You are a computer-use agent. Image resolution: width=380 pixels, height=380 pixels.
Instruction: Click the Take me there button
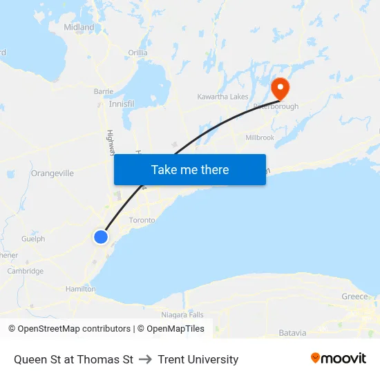tap(190, 169)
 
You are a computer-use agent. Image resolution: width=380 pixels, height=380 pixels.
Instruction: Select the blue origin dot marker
tap(101, 237)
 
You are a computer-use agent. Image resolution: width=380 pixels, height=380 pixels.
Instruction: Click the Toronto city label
tap(142, 220)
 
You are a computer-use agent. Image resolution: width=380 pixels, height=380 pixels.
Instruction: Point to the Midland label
tap(79, 27)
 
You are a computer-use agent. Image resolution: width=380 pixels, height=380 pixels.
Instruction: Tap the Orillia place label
tap(138, 53)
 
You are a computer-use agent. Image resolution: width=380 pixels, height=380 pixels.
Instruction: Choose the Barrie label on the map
tap(104, 91)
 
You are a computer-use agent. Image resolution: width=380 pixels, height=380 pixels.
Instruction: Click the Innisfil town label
tap(122, 104)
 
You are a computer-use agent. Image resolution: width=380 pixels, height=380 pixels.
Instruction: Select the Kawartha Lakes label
tap(222, 97)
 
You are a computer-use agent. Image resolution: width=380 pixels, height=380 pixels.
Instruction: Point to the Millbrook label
tap(260, 137)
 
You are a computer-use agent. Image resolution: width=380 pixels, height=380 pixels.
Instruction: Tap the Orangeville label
tap(53, 173)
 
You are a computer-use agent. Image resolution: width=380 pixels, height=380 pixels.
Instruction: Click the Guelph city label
tap(33, 239)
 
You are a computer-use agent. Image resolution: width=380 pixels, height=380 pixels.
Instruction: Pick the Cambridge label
tap(26, 272)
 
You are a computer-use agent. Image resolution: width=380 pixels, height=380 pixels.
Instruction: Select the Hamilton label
tap(80, 289)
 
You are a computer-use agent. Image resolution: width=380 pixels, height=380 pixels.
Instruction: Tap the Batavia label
tap(292, 333)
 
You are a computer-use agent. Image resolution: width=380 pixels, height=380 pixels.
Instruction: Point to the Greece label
tap(355, 296)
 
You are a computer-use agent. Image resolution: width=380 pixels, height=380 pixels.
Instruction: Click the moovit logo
tap(339, 359)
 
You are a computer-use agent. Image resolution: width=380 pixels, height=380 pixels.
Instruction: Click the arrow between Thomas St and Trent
tap(145, 359)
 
